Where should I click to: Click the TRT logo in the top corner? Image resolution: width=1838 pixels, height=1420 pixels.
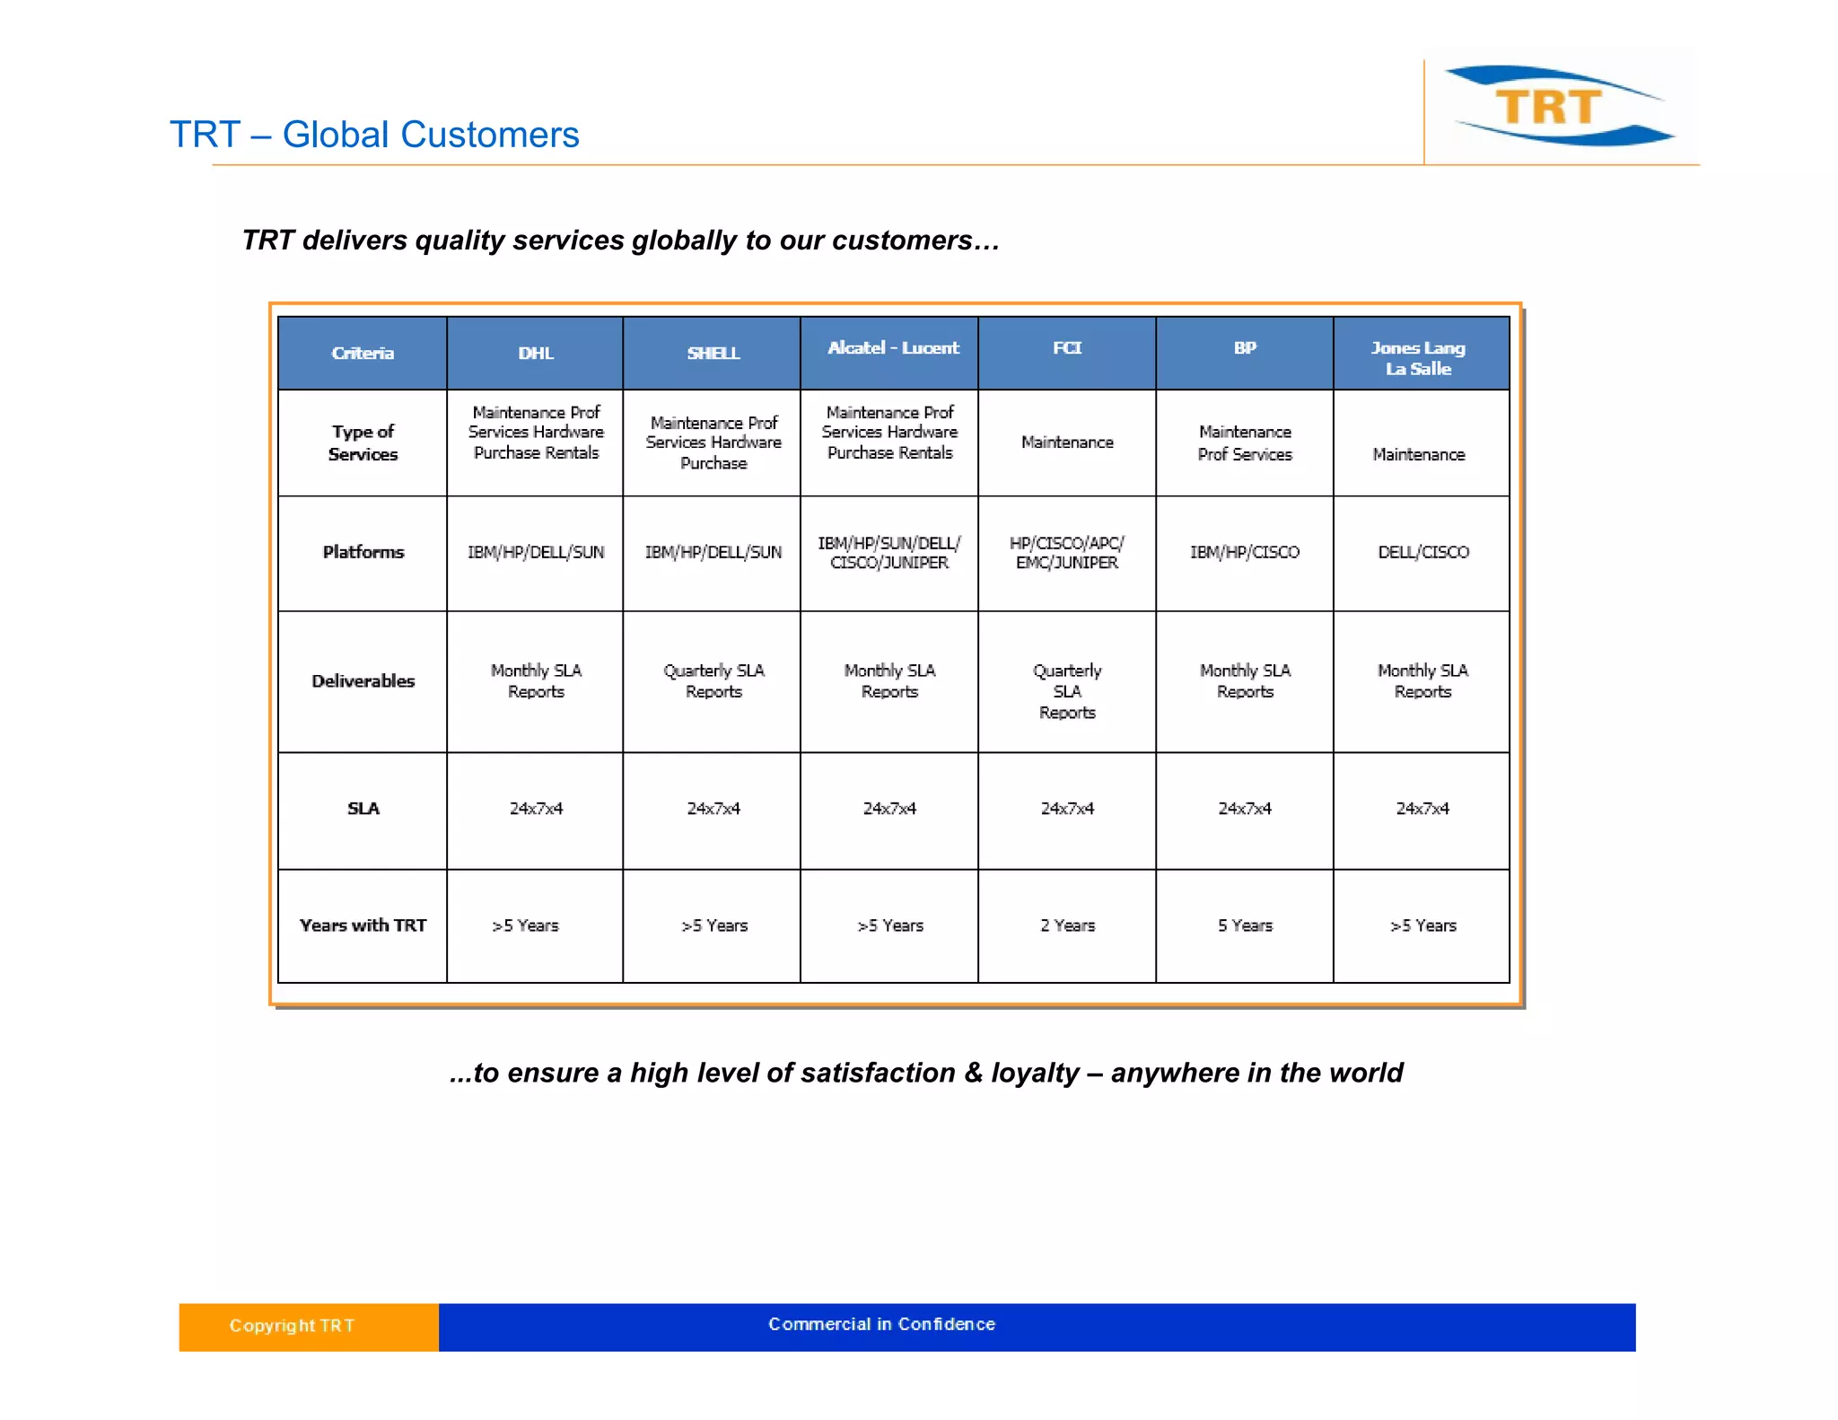(x=1560, y=106)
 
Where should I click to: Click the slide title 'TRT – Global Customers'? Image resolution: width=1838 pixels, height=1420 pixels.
(x=374, y=135)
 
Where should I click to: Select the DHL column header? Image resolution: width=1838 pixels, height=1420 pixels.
(x=536, y=353)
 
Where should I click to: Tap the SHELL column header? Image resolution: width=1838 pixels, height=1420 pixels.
(x=713, y=353)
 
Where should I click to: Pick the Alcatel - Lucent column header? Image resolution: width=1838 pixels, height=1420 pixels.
(x=893, y=348)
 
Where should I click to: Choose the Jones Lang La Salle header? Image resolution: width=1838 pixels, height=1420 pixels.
(x=1418, y=358)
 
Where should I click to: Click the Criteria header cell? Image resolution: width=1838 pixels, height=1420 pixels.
(x=363, y=353)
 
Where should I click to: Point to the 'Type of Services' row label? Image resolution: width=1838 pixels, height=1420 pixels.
(x=363, y=443)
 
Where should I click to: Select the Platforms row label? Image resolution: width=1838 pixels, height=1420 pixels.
(x=363, y=552)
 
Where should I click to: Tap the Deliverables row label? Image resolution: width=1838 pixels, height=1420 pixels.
(x=363, y=681)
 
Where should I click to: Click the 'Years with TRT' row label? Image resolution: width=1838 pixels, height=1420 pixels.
(x=363, y=925)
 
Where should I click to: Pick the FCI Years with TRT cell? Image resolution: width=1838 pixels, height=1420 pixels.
(x=1067, y=925)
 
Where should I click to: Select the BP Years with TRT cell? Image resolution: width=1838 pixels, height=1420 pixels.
(x=1245, y=925)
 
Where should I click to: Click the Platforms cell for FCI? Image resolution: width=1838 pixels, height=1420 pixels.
(x=1067, y=553)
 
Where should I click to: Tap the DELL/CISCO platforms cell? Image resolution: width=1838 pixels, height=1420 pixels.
(x=1423, y=552)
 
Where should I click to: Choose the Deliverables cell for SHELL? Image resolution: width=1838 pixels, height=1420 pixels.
(x=713, y=681)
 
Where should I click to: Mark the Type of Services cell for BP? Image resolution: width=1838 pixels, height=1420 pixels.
(x=1245, y=443)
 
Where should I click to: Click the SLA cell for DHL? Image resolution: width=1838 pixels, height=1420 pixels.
(x=536, y=809)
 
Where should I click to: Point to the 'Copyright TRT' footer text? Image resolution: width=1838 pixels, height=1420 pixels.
(x=292, y=1326)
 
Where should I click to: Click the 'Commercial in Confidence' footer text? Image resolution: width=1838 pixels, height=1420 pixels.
(x=881, y=1324)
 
